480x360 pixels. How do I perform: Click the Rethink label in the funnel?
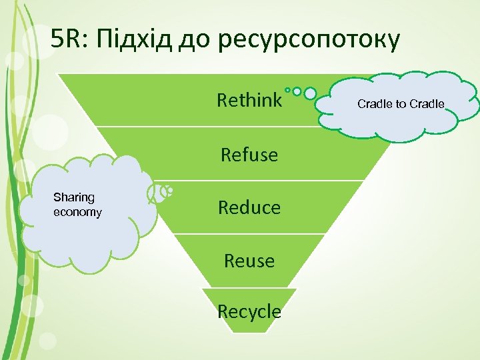click(249, 101)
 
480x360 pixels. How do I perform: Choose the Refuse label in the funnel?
click(249, 155)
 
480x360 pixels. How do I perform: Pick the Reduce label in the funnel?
click(249, 207)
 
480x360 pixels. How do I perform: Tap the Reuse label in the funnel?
click(249, 261)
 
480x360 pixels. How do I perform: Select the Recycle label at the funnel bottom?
click(249, 311)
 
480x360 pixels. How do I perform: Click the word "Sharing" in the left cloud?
click(74, 197)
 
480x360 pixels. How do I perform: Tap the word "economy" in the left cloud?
click(77, 212)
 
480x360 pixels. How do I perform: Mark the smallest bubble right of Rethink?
click(287, 90)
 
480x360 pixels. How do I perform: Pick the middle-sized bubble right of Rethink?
click(297, 91)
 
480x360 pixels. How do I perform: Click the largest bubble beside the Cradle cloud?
click(310, 93)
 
